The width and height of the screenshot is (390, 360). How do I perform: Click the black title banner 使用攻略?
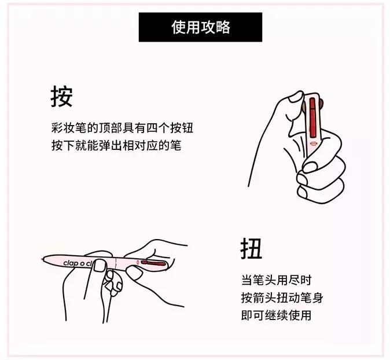click(x=200, y=27)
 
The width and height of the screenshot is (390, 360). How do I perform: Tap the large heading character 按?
click(x=61, y=97)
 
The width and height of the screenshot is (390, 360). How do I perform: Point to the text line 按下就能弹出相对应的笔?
click(x=116, y=145)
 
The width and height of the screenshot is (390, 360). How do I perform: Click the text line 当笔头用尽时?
click(x=276, y=281)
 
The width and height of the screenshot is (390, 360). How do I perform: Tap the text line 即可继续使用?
click(x=276, y=315)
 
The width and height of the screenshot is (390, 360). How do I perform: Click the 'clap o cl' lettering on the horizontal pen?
click(x=79, y=262)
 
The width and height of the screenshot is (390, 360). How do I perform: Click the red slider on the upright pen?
click(x=312, y=113)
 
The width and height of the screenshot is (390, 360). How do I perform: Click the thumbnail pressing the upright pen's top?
click(x=296, y=96)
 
